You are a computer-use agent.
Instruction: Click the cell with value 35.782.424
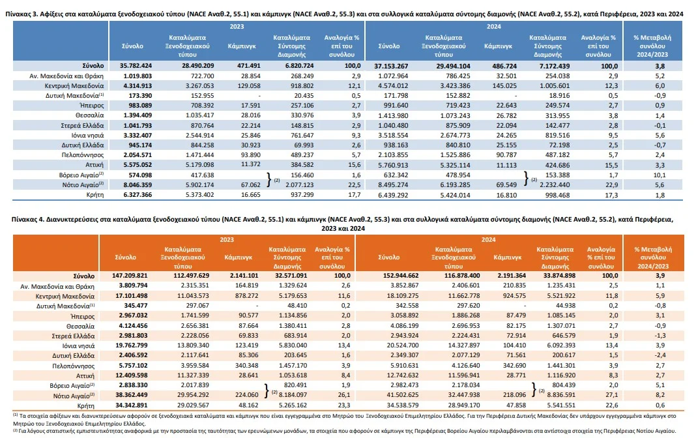pos(136,66)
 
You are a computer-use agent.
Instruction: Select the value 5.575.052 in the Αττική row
pos(138,165)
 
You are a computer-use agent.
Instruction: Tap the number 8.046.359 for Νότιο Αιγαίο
pos(138,184)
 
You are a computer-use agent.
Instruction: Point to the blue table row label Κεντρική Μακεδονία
pos(74,85)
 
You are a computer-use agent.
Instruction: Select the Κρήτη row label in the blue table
pos(95,195)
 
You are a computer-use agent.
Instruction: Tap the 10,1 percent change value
pos(660,175)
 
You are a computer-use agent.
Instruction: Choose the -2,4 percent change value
pos(660,355)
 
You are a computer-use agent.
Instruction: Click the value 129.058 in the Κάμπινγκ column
pos(249,85)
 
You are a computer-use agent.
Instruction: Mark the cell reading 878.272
pos(246,295)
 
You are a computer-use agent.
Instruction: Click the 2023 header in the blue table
pos(237,27)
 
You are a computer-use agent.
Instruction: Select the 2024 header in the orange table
pos(488,240)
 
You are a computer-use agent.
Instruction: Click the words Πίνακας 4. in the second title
pos(27,219)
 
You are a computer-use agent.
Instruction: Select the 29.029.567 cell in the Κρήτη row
pos(193,405)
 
